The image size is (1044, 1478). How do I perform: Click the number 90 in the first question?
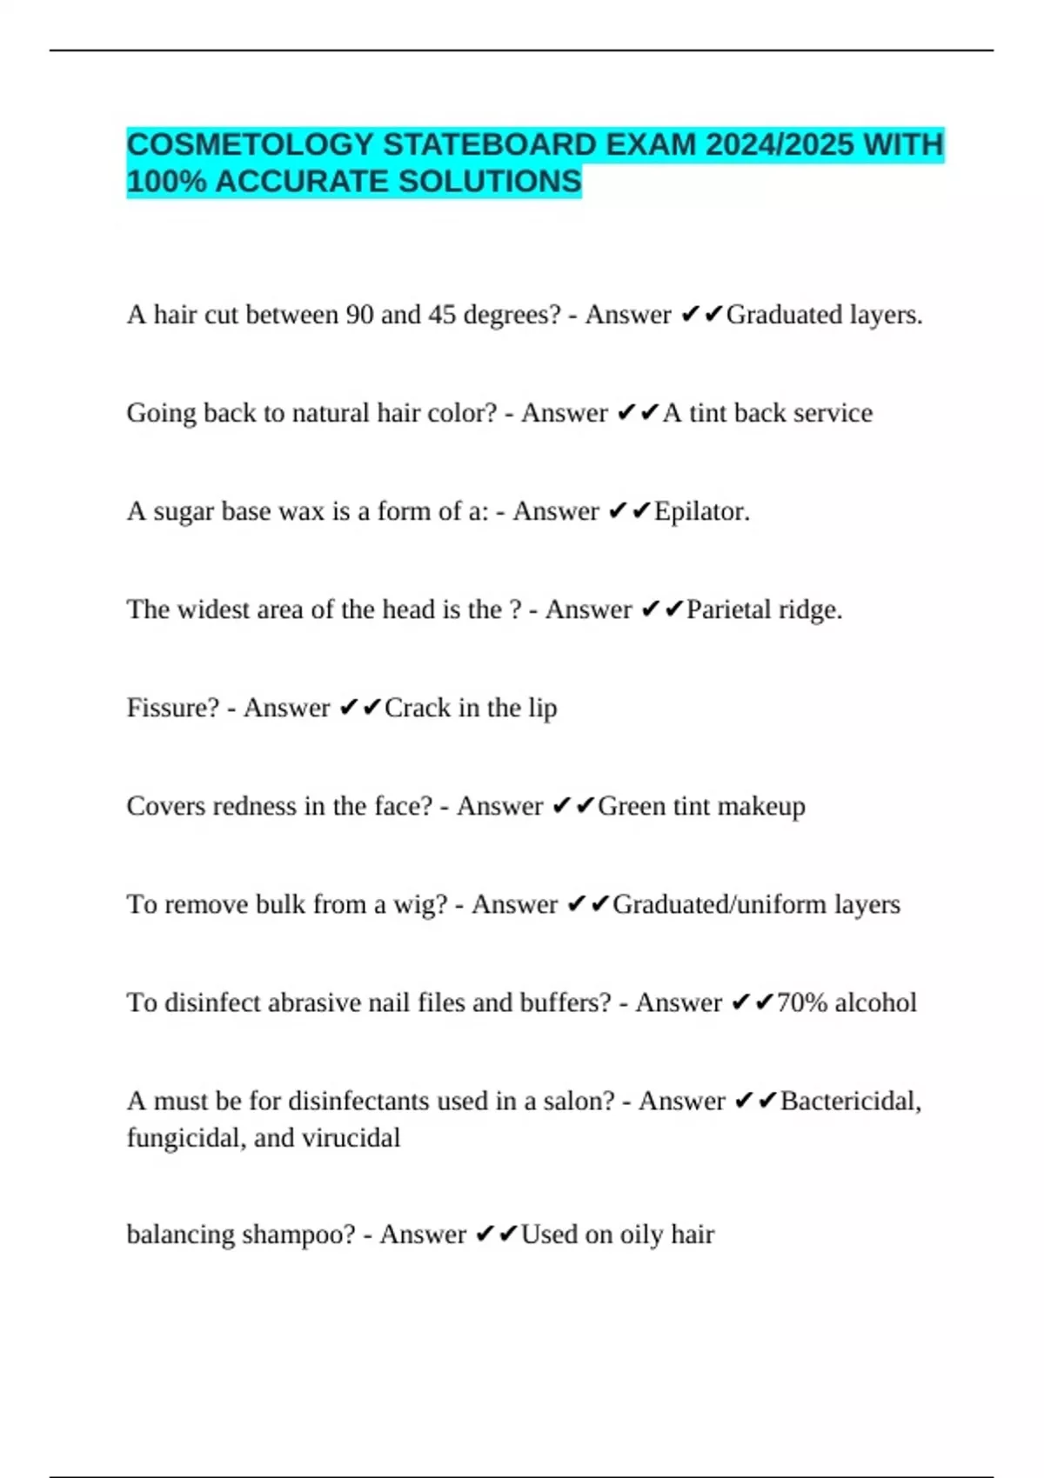pos(359,315)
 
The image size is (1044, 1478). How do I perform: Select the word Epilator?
pos(701,511)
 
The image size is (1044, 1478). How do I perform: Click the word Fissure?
pos(172,708)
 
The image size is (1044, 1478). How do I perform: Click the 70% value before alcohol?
pos(801,1002)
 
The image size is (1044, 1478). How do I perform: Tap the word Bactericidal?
pos(850,1102)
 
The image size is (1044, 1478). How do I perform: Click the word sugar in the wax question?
pos(184,512)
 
